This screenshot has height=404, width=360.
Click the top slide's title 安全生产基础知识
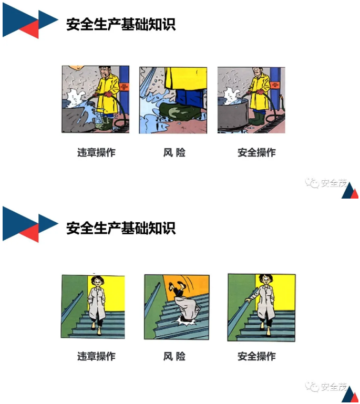point(121,24)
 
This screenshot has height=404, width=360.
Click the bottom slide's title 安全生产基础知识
point(121,228)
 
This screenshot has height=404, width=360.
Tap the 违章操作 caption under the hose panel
point(96,152)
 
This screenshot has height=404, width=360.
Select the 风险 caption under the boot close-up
point(174,152)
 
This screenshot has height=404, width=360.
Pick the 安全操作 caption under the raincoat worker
point(256,152)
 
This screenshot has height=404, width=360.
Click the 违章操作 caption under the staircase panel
point(96,356)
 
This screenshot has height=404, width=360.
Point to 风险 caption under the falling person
point(174,356)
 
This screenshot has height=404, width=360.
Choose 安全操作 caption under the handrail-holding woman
point(256,356)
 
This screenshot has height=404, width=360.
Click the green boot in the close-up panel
point(178,111)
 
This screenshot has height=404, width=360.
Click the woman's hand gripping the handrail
point(248,299)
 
